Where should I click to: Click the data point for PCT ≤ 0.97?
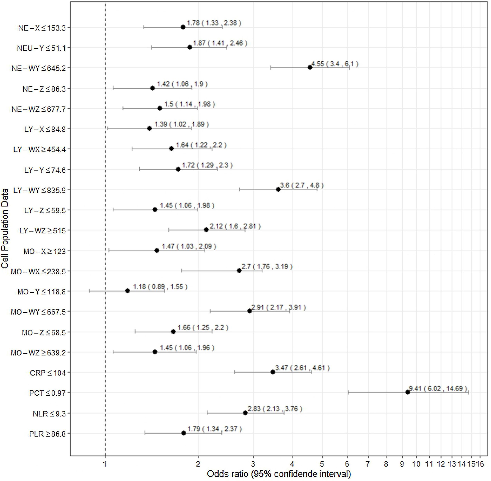tap(407, 392)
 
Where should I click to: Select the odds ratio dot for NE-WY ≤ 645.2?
tap(310, 67)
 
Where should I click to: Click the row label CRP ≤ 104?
tap(48, 373)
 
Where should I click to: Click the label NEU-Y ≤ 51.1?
tap(41, 48)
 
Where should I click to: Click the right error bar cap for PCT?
tap(468, 392)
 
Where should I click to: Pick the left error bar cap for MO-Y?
tap(89, 291)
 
